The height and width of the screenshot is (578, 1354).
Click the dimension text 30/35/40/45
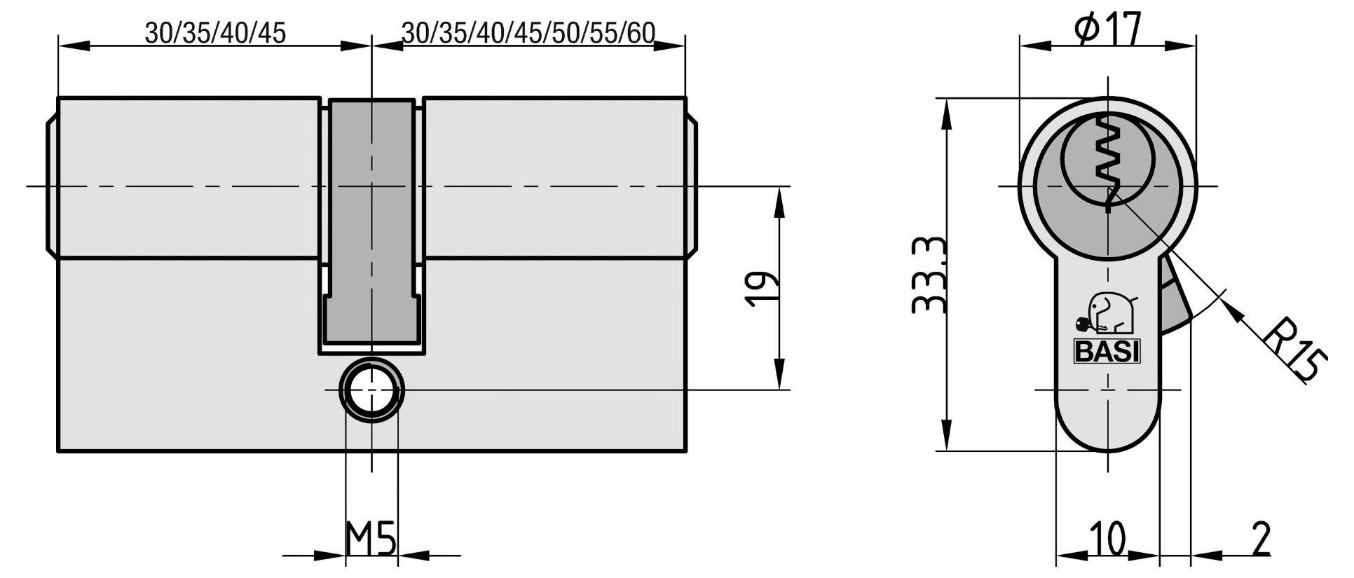(215, 33)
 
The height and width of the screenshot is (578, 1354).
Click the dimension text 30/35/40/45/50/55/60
(528, 33)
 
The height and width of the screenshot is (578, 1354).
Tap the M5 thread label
(371, 539)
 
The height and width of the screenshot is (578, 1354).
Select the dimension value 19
(761, 288)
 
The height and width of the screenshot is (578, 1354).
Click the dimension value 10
(1107, 539)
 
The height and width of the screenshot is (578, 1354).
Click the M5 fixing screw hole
(371, 390)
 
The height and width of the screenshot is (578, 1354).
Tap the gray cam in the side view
(371, 217)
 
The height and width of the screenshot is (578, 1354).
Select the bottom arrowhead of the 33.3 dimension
(947, 434)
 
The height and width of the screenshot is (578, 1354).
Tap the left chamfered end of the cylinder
(51, 186)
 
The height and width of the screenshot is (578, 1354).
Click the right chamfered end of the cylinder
(691, 186)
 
